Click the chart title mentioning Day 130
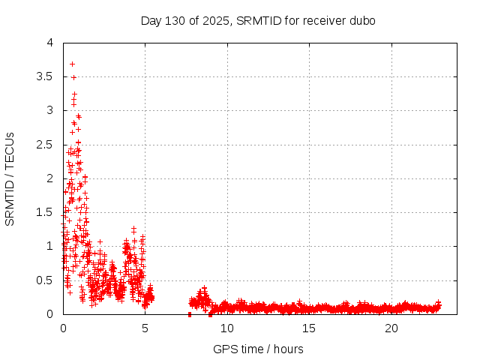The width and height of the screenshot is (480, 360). pyautogui.click(x=258, y=20)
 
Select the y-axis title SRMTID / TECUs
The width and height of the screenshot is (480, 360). pyautogui.click(x=10, y=178)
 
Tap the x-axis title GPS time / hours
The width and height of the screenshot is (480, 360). pyautogui.click(x=258, y=349)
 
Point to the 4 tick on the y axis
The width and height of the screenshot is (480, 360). pyautogui.click(x=49, y=43)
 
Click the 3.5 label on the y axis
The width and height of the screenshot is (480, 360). pyautogui.click(x=44, y=76)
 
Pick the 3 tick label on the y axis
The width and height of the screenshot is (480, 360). pyautogui.click(x=49, y=110)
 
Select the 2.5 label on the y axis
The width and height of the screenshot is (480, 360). pyautogui.click(x=44, y=144)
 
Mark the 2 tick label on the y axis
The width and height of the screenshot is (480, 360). pyautogui.click(x=49, y=178)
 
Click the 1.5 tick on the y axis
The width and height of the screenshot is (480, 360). pyautogui.click(x=44, y=212)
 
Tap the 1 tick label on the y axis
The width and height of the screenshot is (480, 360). pyautogui.click(x=49, y=246)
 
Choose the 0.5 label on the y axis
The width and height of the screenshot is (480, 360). pyautogui.click(x=44, y=280)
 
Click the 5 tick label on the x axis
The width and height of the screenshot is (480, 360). pyautogui.click(x=145, y=328)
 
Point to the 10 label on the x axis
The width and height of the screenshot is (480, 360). pyautogui.click(x=227, y=328)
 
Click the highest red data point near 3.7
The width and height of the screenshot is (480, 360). pyautogui.click(x=72, y=64)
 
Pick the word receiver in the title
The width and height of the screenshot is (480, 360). pyautogui.click(x=324, y=20)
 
